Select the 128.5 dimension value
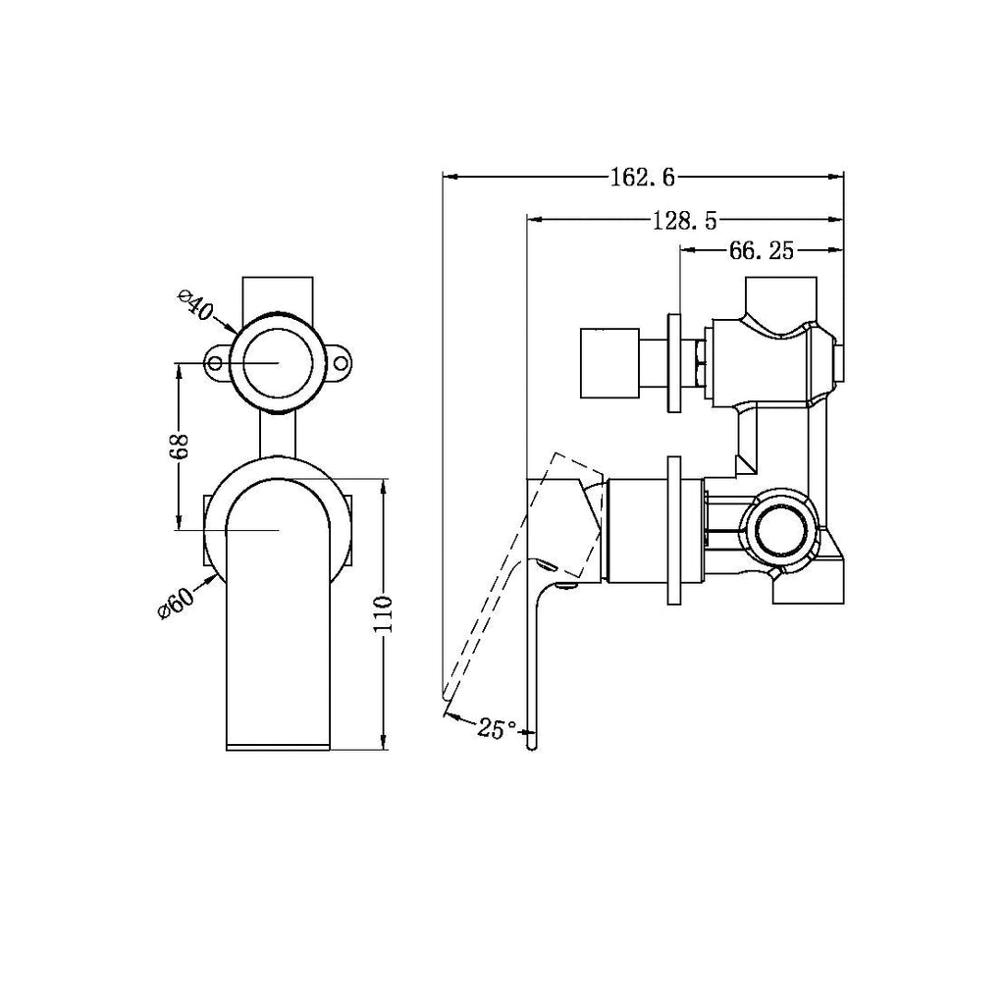[x=685, y=222]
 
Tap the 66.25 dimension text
[x=761, y=251]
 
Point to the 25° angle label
[x=497, y=728]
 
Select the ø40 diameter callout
[x=194, y=306]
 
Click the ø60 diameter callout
[x=174, y=600]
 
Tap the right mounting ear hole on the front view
[x=341, y=364]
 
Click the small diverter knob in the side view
[x=609, y=364]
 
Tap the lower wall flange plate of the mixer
[x=674, y=530]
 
